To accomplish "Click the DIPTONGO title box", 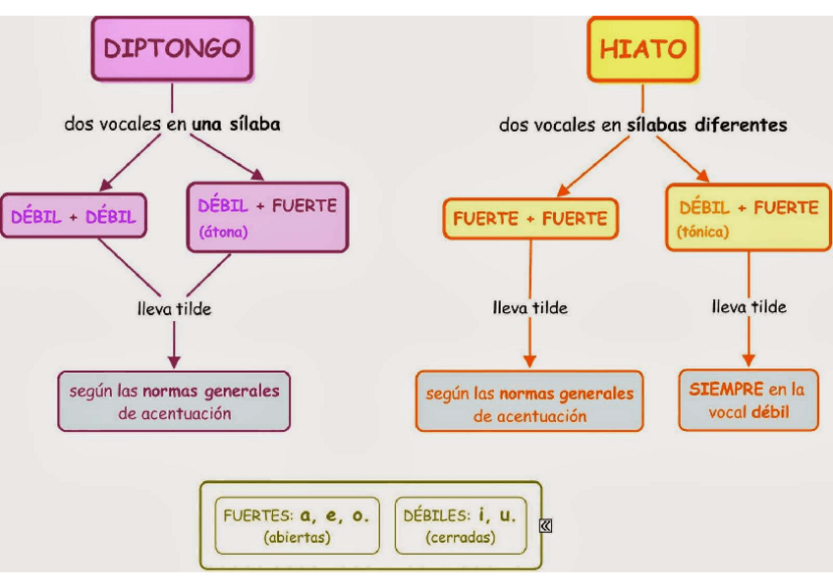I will click(172, 48).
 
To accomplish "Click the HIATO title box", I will click(642, 48).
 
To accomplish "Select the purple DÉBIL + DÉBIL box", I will click(74, 216).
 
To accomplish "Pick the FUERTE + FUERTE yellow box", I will click(530, 218).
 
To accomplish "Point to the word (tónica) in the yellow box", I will click(703, 233).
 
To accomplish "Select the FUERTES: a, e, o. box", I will click(295, 525).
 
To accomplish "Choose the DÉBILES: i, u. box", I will click(460, 525).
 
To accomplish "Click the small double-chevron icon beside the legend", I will click(546, 526).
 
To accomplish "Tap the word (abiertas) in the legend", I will click(297, 538).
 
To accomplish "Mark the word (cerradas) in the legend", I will click(461, 538).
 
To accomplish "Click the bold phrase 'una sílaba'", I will click(237, 125).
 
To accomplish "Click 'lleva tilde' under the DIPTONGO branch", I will click(174, 308).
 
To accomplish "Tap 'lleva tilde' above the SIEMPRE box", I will click(749, 306).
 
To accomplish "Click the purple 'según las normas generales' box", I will click(174, 401).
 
